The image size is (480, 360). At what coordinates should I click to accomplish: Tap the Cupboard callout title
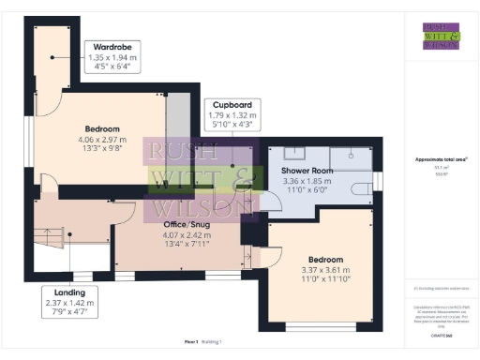pyautogui.click(x=232, y=105)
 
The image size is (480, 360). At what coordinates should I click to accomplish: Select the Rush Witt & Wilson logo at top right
pyautogui.click(x=441, y=35)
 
